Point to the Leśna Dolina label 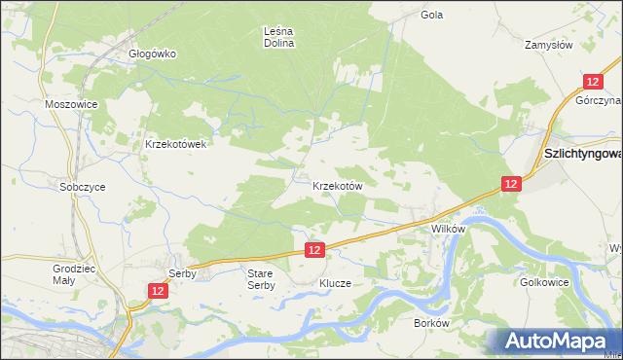(279, 37)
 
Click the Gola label (431, 15)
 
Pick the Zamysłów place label (575, 45)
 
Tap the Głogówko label (152, 54)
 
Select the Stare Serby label (260, 279)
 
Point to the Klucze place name (334, 283)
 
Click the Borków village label (430, 322)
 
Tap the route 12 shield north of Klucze (313, 250)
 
